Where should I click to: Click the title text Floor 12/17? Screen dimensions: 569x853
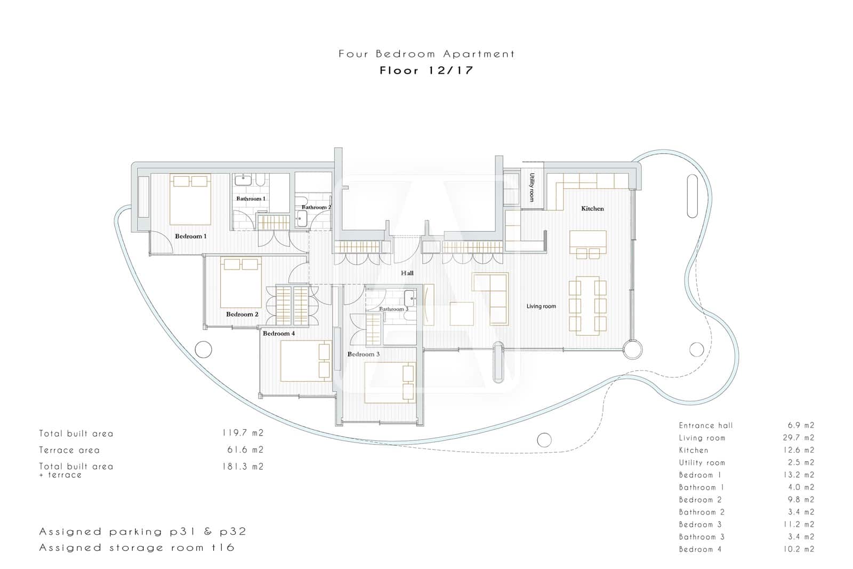coord(426,70)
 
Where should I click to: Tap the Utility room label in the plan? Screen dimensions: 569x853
coord(532,187)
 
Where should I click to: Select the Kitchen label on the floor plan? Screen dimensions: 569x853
coord(592,209)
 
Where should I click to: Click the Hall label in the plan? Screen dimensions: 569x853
coord(407,273)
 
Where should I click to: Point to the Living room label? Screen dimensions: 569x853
coord(541,306)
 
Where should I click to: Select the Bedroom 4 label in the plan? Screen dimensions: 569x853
coord(278,334)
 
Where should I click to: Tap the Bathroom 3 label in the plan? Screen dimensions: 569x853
coord(393,309)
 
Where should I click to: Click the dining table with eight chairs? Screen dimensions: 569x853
coord(588,306)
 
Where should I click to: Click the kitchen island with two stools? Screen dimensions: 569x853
coord(588,243)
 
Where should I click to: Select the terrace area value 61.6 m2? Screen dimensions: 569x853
coord(245,450)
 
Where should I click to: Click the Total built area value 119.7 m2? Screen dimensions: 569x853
coord(243,433)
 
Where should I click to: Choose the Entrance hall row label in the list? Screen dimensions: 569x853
coord(705,425)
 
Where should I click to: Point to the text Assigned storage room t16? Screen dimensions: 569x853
coord(136,548)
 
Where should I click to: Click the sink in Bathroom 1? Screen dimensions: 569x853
coord(244,180)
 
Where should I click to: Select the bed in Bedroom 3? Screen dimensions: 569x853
coord(390,383)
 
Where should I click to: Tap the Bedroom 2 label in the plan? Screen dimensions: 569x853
coord(242,314)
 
